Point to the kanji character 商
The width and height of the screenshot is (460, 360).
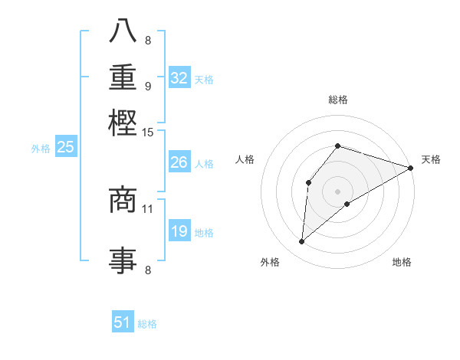(123, 201)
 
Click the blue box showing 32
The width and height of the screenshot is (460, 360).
(179, 77)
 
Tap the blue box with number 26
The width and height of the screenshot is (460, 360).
(179, 162)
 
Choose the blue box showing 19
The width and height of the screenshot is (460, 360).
(179, 231)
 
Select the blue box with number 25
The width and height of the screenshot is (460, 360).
(65, 148)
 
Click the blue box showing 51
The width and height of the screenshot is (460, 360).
(123, 322)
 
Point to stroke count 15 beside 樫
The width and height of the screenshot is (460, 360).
(148, 133)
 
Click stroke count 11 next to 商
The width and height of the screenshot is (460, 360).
(148, 208)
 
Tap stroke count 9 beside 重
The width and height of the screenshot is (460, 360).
(148, 86)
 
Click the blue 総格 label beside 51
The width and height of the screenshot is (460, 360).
(147, 324)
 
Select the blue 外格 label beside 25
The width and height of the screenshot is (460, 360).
(41, 149)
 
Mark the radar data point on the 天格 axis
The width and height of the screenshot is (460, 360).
(411, 168)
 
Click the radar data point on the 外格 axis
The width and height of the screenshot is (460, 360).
(302, 242)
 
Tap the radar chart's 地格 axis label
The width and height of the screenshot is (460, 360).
(402, 263)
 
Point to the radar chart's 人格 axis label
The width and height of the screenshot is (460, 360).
(245, 159)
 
